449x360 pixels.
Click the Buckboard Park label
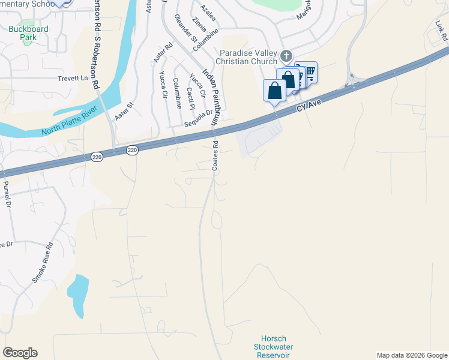point(23,33)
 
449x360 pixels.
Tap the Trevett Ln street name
point(73,79)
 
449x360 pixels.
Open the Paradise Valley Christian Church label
point(249,58)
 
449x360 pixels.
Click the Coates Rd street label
point(214,155)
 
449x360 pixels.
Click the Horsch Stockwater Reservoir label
point(274,347)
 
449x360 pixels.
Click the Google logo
point(20,353)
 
